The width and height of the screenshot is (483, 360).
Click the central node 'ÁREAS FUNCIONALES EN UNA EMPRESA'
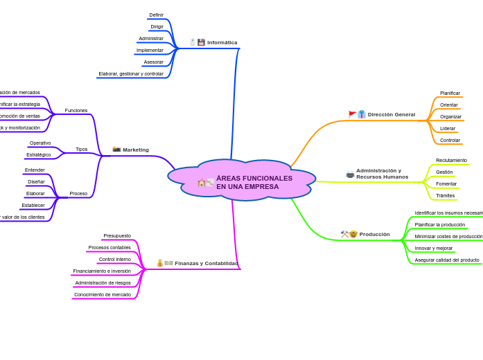pos(254,182)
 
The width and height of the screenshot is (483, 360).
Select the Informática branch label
pos(222,42)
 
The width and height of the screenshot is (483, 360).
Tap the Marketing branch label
pos(136,150)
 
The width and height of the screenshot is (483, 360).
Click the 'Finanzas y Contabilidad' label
pos(206,263)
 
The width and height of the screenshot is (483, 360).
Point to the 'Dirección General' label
pos(391,114)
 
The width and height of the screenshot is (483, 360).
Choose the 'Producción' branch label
pos(374,234)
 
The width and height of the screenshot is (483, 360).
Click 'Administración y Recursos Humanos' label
pos(382,174)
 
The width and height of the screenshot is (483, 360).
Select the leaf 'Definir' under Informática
pos(157,15)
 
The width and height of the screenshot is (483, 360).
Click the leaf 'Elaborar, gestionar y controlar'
pos(131,73)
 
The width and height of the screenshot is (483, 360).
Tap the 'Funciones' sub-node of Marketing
pos(76,110)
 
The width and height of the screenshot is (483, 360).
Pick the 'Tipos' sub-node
pos(82,149)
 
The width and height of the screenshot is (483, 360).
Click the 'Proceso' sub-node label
pos(78,193)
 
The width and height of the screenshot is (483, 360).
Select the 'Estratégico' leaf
pos(39,154)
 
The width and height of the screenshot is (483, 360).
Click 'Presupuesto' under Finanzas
pos(117,235)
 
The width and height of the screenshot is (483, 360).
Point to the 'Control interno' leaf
pos(114,259)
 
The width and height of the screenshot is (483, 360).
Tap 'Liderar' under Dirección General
pos(448,128)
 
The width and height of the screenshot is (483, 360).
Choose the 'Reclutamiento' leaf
pos(451,160)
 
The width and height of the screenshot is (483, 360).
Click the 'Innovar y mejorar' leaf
pos(434,248)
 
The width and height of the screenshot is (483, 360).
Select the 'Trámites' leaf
pos(445,195)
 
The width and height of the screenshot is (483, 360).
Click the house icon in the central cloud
pos(202,183)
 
